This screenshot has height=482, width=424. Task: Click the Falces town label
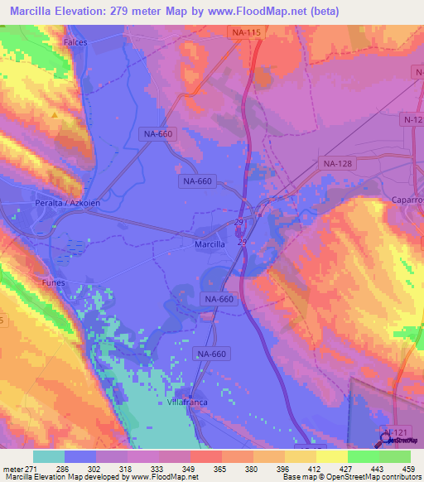point(75,41)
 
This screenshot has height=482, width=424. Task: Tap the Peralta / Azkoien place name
point(41,203)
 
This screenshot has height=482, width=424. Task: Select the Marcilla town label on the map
point(210,244)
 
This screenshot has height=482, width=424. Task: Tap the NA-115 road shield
point(246,31)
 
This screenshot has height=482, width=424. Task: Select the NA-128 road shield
point(338,164)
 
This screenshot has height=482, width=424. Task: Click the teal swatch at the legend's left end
point(49,455)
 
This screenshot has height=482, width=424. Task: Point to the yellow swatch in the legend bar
point(300,455)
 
